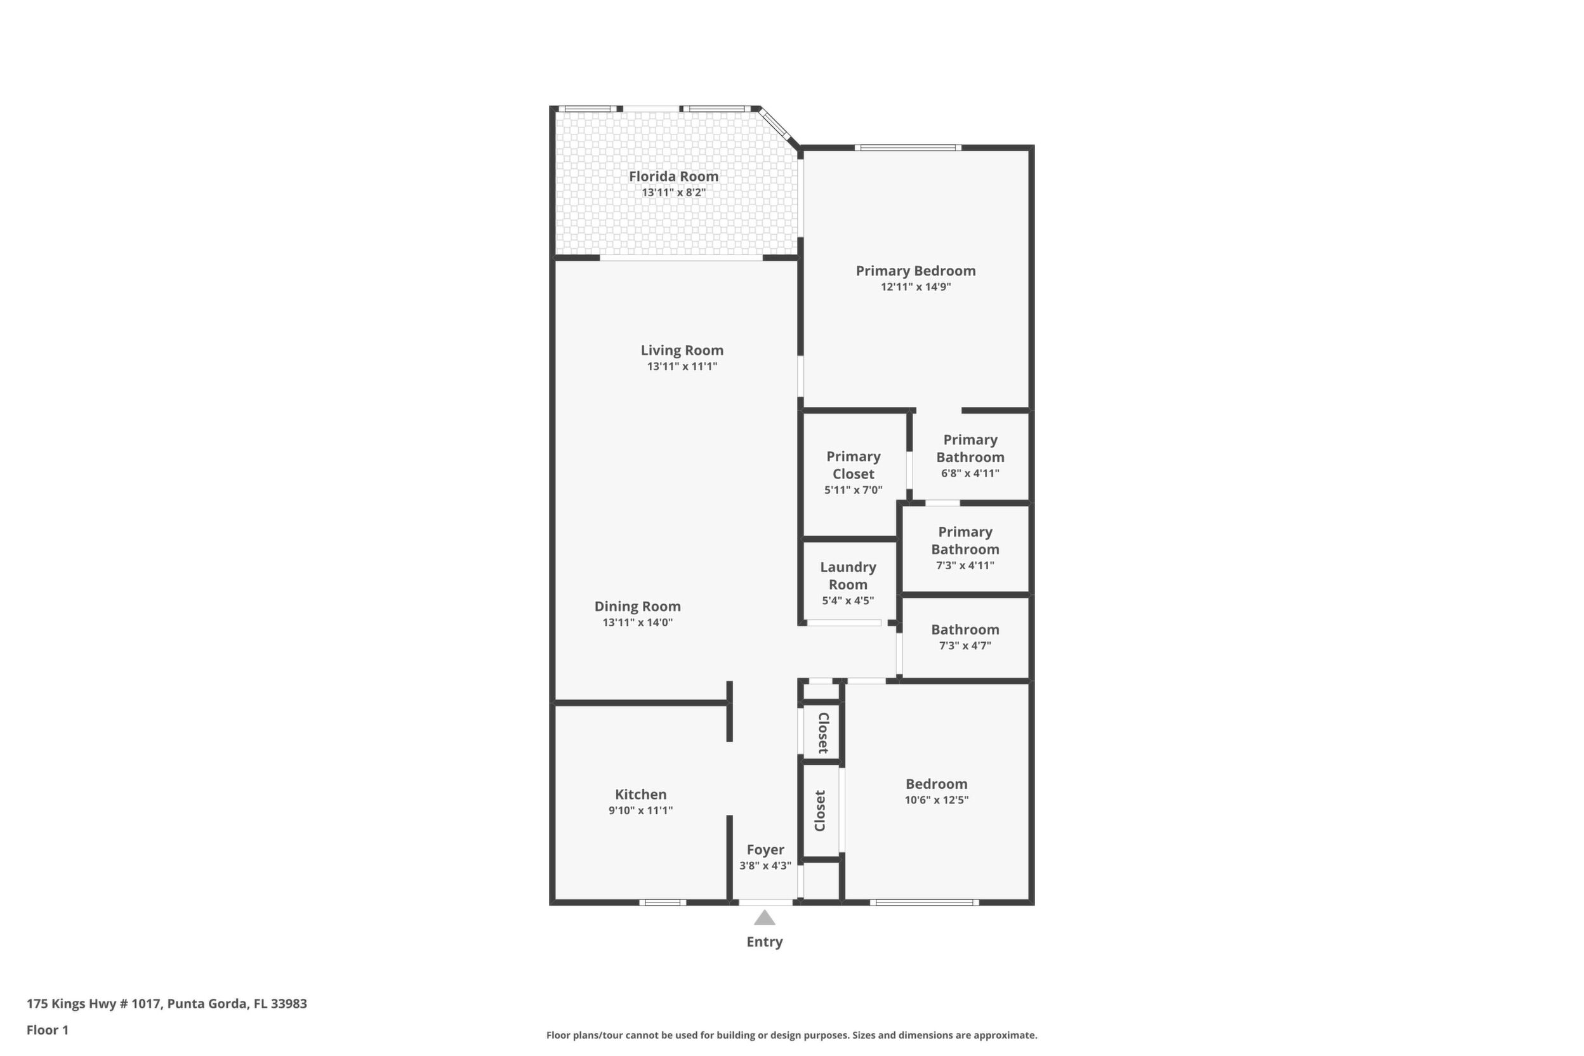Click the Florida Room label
(673, 176)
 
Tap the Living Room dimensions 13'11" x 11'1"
(682, 366)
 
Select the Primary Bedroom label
(916, 271)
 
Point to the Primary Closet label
(854, 465)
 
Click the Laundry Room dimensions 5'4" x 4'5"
(848, 601)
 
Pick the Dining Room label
(637, 607)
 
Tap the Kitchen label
(640, 795)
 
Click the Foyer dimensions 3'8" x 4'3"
(765, 866)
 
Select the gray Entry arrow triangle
(764, 918)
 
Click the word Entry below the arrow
(764, 942)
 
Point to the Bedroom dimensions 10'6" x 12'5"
(937, 800)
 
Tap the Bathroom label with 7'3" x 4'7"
(965, 630)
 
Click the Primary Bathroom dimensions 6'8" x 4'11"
(970, 473)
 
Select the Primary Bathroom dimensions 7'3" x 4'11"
(965, 565)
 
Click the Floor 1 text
(47, 1030)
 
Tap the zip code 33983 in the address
(289, 1003)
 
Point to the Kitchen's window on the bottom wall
(662, 902)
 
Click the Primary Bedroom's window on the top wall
(908, 148)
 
